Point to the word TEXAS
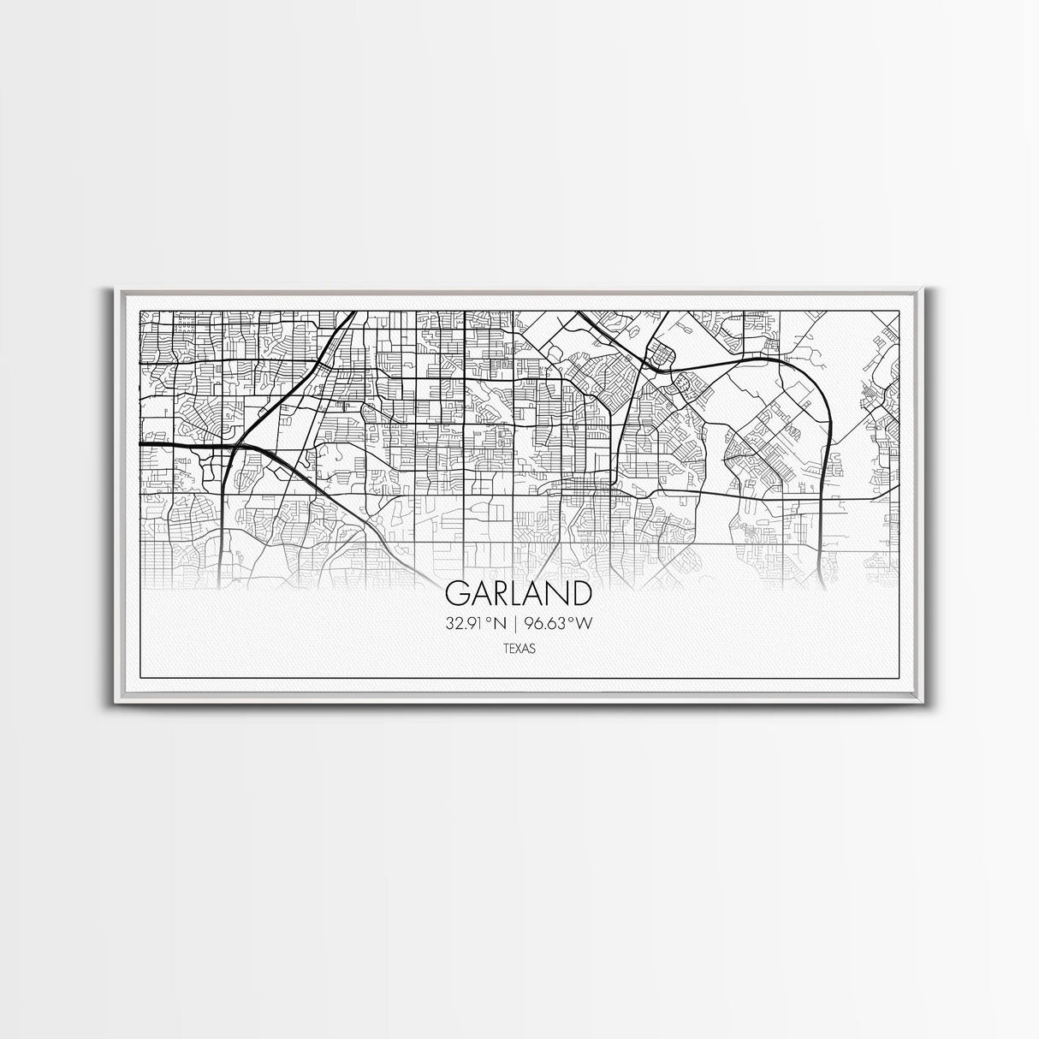(x=519, y=650)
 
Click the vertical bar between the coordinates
(x=517, y=623)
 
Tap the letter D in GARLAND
(x=580, y=594)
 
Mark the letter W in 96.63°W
(x=585, y=623)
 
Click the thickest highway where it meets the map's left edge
(x=140, y=444)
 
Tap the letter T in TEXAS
(x=506, y=650)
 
